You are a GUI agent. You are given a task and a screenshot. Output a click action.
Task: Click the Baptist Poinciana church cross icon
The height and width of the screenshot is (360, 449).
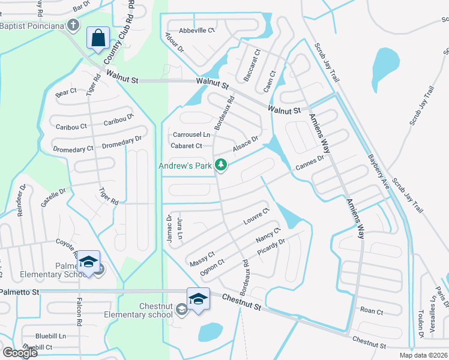click(73, 25)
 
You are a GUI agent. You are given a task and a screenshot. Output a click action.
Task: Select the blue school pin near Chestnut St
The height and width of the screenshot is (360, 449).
click(198, 298)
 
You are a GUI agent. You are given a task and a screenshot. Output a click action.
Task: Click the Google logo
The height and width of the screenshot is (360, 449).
click(20, 353)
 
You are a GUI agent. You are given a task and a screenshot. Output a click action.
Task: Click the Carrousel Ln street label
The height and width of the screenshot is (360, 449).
click(191, 134)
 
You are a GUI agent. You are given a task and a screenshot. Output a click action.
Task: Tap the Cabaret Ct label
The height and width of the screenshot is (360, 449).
click(187, 146)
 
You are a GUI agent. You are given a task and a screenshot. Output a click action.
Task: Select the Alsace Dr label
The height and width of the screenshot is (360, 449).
click(245, 143)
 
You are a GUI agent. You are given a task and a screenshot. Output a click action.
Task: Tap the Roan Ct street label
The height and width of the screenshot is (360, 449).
click(372, 311)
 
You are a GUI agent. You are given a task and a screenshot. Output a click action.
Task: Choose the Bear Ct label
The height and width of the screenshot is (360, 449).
click(66, 92)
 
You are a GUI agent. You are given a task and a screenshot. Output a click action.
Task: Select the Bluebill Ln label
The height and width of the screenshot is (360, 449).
click(50, 336)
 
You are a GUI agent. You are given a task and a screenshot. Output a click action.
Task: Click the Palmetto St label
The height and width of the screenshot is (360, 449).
click(19, 292)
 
